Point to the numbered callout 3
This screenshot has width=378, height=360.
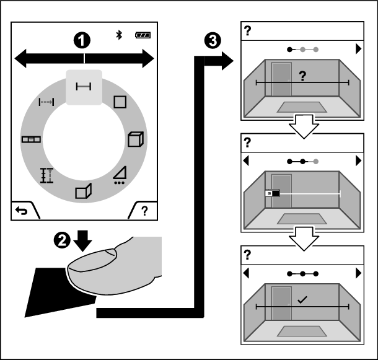pyautogui.click(x=212, y=41)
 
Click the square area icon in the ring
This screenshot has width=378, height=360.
pyautogui.click(x=119, y=100)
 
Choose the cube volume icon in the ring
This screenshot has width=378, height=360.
pyautogui.click(x=133, y=139)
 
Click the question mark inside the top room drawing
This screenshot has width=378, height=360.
pyautogui.click(x=302, y=76)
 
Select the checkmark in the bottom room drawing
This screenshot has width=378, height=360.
pyautogui.click(x=302, y=299)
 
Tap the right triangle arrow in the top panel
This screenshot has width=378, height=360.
pyautogui.click(x=358, y=48)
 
